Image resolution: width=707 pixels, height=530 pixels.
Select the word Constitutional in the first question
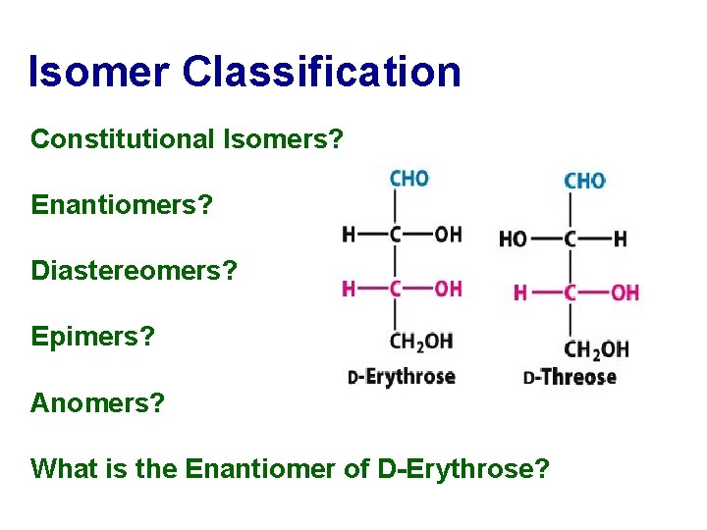click(x=119, y=139)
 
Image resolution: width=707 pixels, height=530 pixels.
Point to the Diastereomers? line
click(x=135, y=270)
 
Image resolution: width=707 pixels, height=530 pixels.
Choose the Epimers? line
click(x=93, y=336)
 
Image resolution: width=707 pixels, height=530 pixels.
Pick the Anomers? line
click(x=97, y=402)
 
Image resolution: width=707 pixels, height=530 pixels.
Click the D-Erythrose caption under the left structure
click(x=402, y=377)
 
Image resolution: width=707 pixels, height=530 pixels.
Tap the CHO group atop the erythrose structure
click(x=408, y=179)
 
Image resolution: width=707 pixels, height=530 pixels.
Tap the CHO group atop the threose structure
click(x=584, y=181)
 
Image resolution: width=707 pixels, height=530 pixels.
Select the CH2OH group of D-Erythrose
click(x=421, y=342)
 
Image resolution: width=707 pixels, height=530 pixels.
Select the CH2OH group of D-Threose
click(x=597, y=347)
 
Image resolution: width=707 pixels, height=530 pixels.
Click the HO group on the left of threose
click(x=514, y=238)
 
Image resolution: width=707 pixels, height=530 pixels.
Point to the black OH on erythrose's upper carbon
click(x=448, y=234)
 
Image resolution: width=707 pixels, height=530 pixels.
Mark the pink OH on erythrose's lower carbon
click(x=448, y=288)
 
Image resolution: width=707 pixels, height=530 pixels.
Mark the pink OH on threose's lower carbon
click(x=625, y=292)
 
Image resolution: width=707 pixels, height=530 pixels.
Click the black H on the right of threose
click(x=620, y=238)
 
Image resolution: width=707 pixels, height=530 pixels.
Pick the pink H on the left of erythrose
click(x=348, y=288)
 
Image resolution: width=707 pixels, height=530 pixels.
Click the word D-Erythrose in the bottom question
click(x=462, y=468)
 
